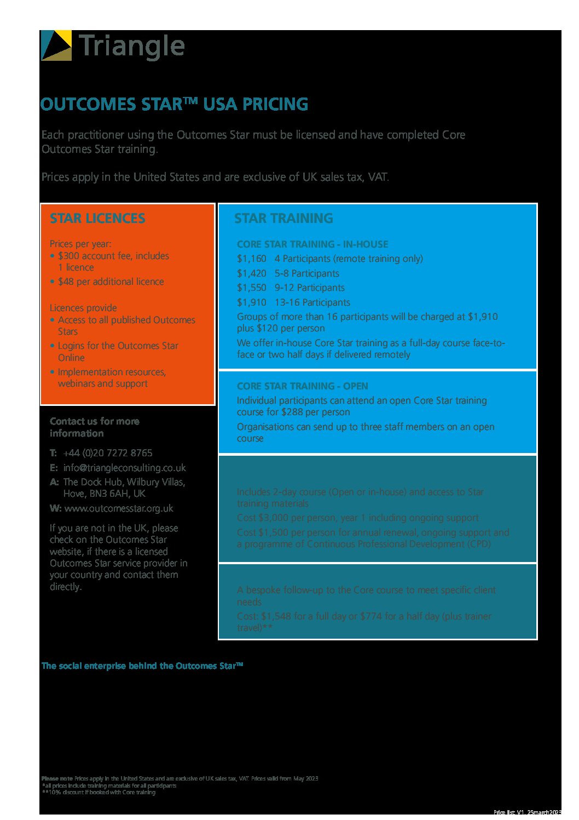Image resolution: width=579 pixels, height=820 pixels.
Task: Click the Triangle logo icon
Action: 56,45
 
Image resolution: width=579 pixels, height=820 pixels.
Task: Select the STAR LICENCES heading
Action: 97,218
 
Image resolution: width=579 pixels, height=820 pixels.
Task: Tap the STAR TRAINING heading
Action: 283,218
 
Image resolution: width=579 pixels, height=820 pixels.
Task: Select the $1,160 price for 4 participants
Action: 251,259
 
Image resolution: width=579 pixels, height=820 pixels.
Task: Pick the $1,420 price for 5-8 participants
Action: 251,273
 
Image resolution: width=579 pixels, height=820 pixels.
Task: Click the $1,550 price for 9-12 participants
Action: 251,288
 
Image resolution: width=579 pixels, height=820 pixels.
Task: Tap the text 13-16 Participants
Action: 312,302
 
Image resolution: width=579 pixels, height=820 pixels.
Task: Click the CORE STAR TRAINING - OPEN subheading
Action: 302,386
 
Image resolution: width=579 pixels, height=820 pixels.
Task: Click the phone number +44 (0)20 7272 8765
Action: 107,453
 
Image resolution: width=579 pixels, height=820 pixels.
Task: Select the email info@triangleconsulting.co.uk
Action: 124,468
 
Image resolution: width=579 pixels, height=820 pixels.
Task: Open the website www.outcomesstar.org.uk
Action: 119,508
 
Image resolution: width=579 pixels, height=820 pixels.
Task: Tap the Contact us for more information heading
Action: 94,427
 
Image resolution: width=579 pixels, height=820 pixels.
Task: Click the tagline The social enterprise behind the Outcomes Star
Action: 142,666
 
